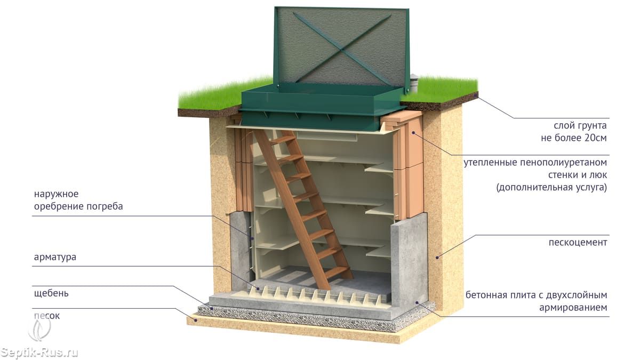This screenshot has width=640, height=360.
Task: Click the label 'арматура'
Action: tap(54, 257)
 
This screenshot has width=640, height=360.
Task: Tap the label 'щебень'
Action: tap(50, 293)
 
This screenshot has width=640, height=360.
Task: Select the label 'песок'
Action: tap(47, 316)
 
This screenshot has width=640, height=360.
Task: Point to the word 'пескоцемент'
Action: tap(578, 242)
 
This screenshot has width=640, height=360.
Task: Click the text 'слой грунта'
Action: tap(580, 126)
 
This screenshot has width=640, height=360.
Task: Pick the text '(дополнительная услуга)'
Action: tap(551, 188)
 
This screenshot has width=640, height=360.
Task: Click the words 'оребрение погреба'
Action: tap(78, 206)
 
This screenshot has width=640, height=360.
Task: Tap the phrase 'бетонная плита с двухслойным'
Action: tap(536, 294)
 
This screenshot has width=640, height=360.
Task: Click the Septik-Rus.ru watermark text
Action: tap(39, 353)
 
